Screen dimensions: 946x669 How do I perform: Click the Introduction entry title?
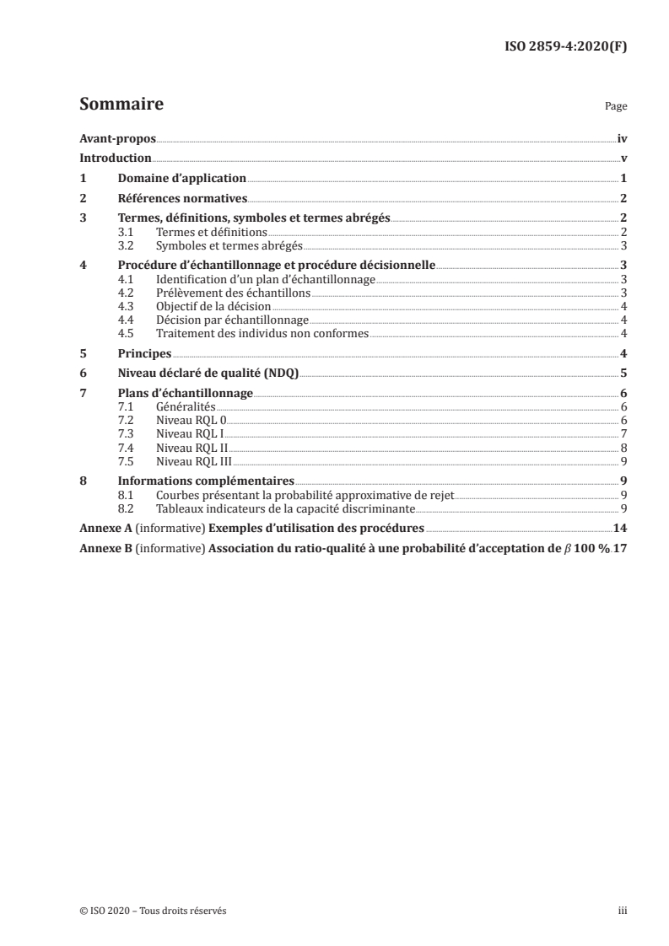(116, 158)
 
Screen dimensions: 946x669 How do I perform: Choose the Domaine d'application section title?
(181, 178)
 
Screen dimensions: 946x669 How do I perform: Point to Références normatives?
(181, 198)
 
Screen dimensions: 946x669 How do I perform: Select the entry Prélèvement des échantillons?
(234, 293)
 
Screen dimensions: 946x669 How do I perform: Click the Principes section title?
(144, 354)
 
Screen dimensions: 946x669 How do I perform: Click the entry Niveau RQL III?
(194, 461)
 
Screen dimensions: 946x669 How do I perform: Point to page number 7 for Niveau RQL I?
(623, 433)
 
